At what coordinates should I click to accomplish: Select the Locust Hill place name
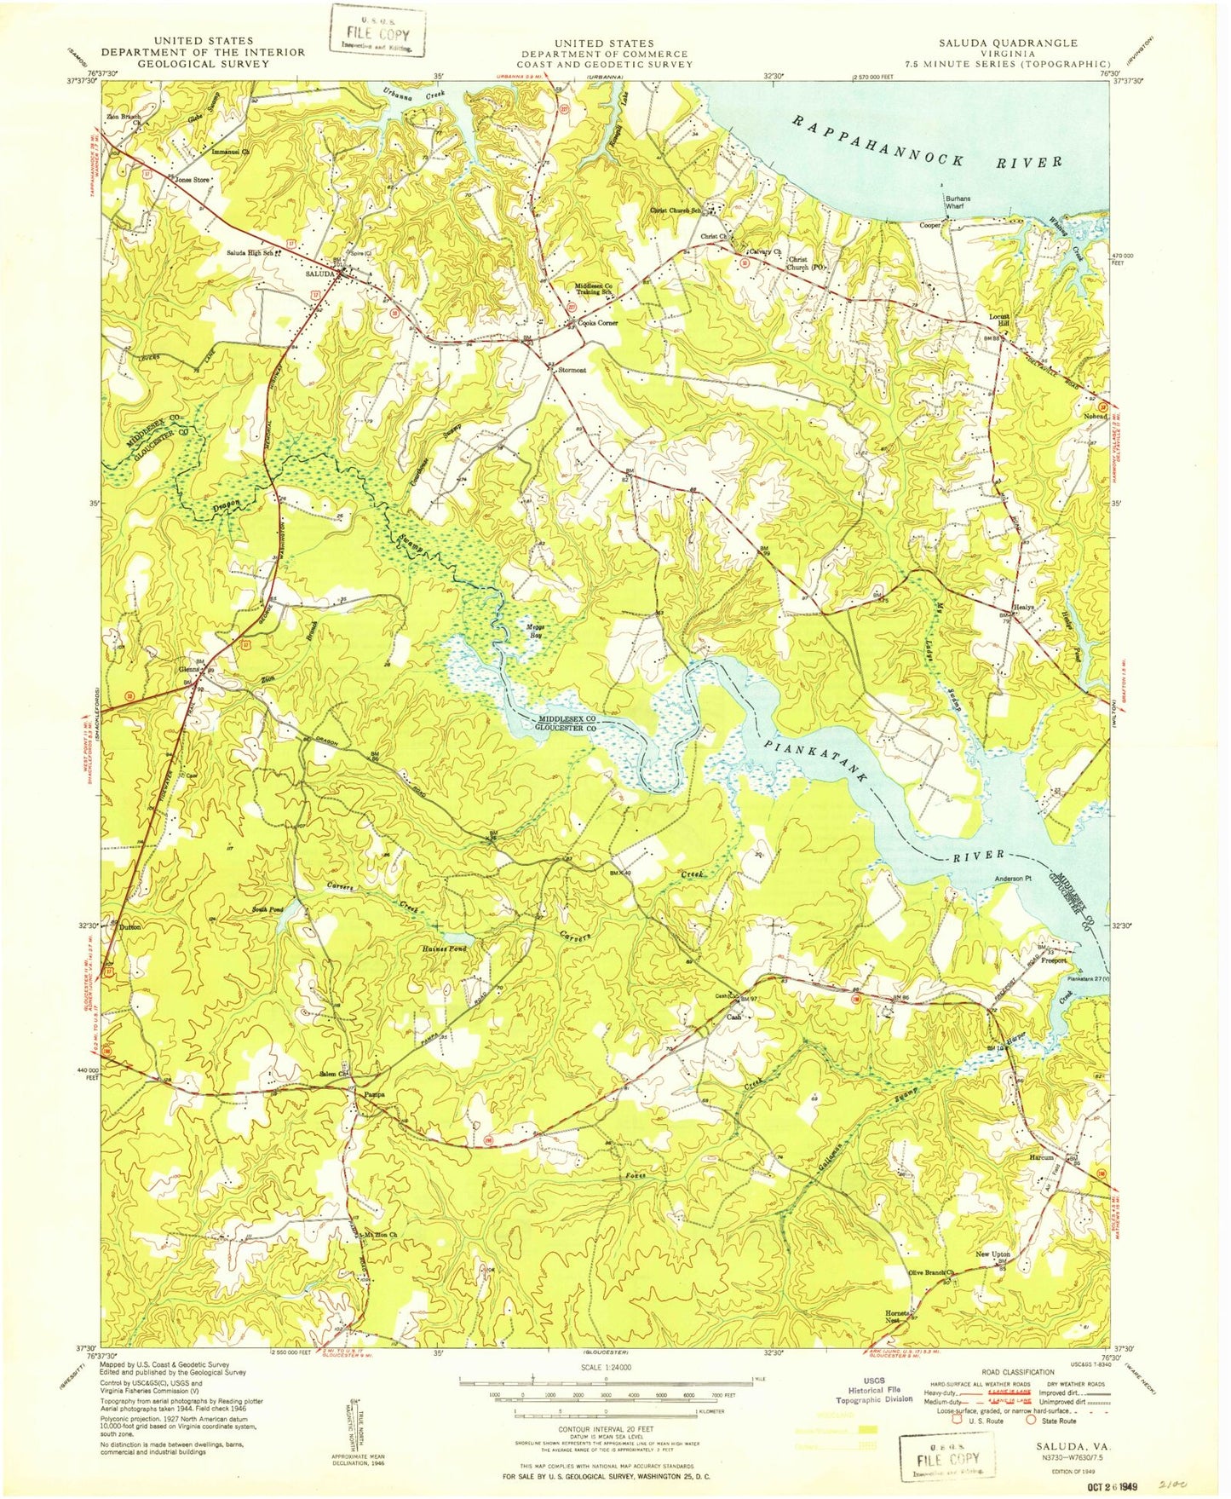998,320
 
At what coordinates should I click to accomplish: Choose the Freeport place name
1052,960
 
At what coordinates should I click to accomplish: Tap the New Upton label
992,1254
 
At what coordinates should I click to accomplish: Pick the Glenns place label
188,669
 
